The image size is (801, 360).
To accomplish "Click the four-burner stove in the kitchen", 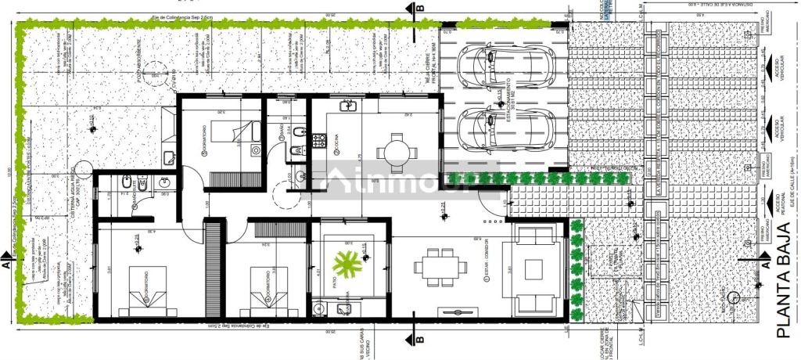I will point(319,141).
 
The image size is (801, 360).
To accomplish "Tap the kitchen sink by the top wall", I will point(347,106).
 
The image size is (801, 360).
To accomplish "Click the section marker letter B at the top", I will point(421,9).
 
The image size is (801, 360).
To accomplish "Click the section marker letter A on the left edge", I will point(6,266).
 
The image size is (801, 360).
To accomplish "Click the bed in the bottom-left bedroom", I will point(145,290).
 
